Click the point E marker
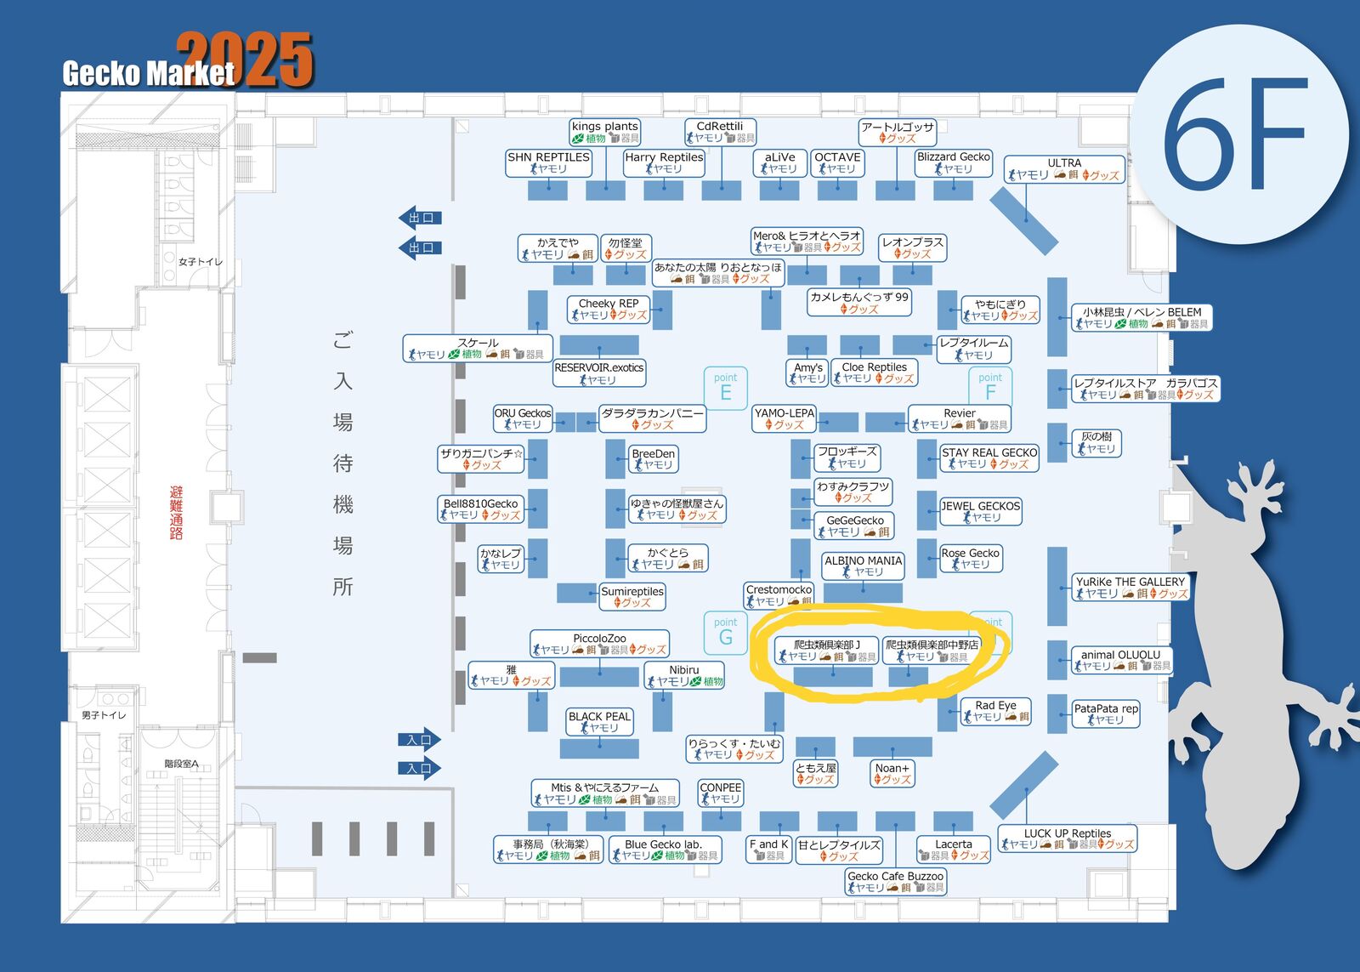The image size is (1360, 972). click(725, 387)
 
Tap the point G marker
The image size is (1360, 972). click(725, 632)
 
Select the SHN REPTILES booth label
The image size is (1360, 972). click(548, 162)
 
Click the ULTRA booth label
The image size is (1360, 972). click(1063, 168)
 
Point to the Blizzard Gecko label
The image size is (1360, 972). click(953, 162)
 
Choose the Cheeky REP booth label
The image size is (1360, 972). click(608, 309)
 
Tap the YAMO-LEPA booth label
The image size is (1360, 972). click(784, 418)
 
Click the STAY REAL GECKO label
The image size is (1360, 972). click(989, 458)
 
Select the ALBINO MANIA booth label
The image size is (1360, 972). click(863, 566)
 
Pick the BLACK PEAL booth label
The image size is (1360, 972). click(599, 722)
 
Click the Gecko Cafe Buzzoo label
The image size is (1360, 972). click(895, 881)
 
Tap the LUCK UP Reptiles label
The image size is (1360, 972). click(1067, 838)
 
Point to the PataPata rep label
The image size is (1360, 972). click(1105, 713)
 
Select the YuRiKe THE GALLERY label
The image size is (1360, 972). click(1130, 587)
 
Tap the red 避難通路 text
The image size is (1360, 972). click(176, 512)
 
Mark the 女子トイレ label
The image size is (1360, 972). click(201, 261)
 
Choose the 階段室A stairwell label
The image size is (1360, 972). click(181, 764)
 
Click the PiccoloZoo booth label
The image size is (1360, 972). click(599, 644)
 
